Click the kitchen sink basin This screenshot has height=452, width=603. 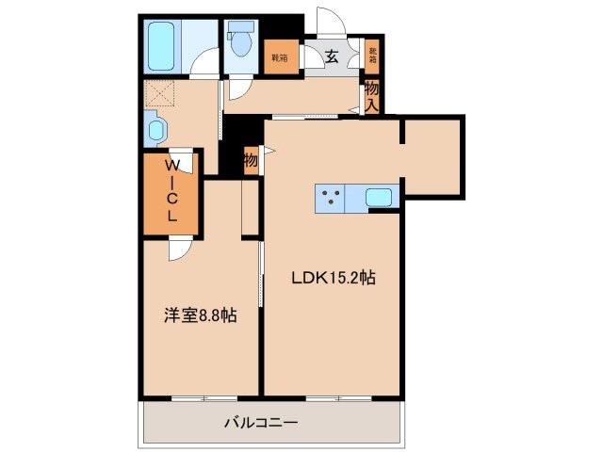point(380,199)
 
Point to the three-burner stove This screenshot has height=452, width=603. point(331,199)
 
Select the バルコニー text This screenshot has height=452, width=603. point(261,424)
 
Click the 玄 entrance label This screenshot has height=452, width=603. point(333,57)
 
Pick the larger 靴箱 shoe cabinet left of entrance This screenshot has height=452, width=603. point(280,57)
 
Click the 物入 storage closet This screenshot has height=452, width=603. point(372,95)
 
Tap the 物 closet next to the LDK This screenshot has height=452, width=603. point(251,160)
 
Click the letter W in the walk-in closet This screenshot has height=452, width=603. point(171,166)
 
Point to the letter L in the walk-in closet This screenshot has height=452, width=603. point(171,215)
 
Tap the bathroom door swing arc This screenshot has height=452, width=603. point(203,66)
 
